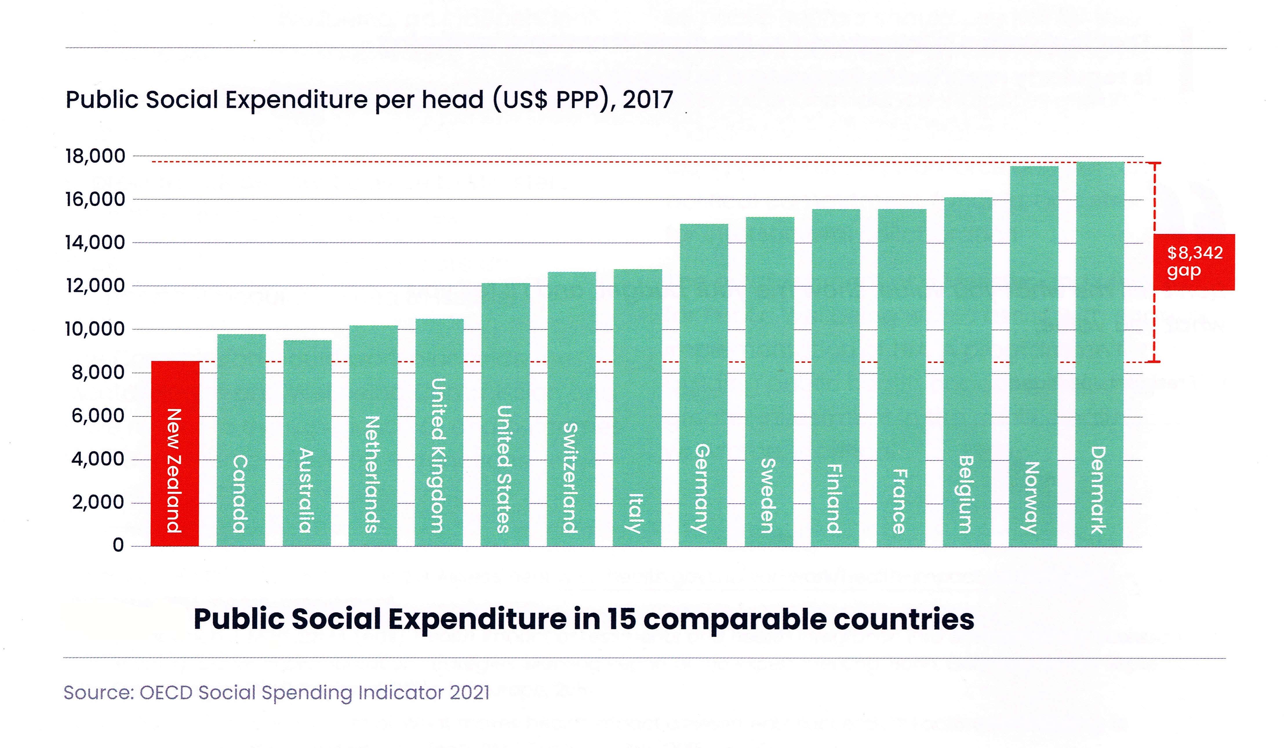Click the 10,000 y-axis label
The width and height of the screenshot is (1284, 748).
click(95, 329)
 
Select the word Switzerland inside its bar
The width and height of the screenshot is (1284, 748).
click(571, 478)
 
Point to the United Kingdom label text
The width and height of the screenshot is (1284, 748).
click(439, 455)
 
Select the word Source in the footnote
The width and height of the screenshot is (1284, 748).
click(97, 692)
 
